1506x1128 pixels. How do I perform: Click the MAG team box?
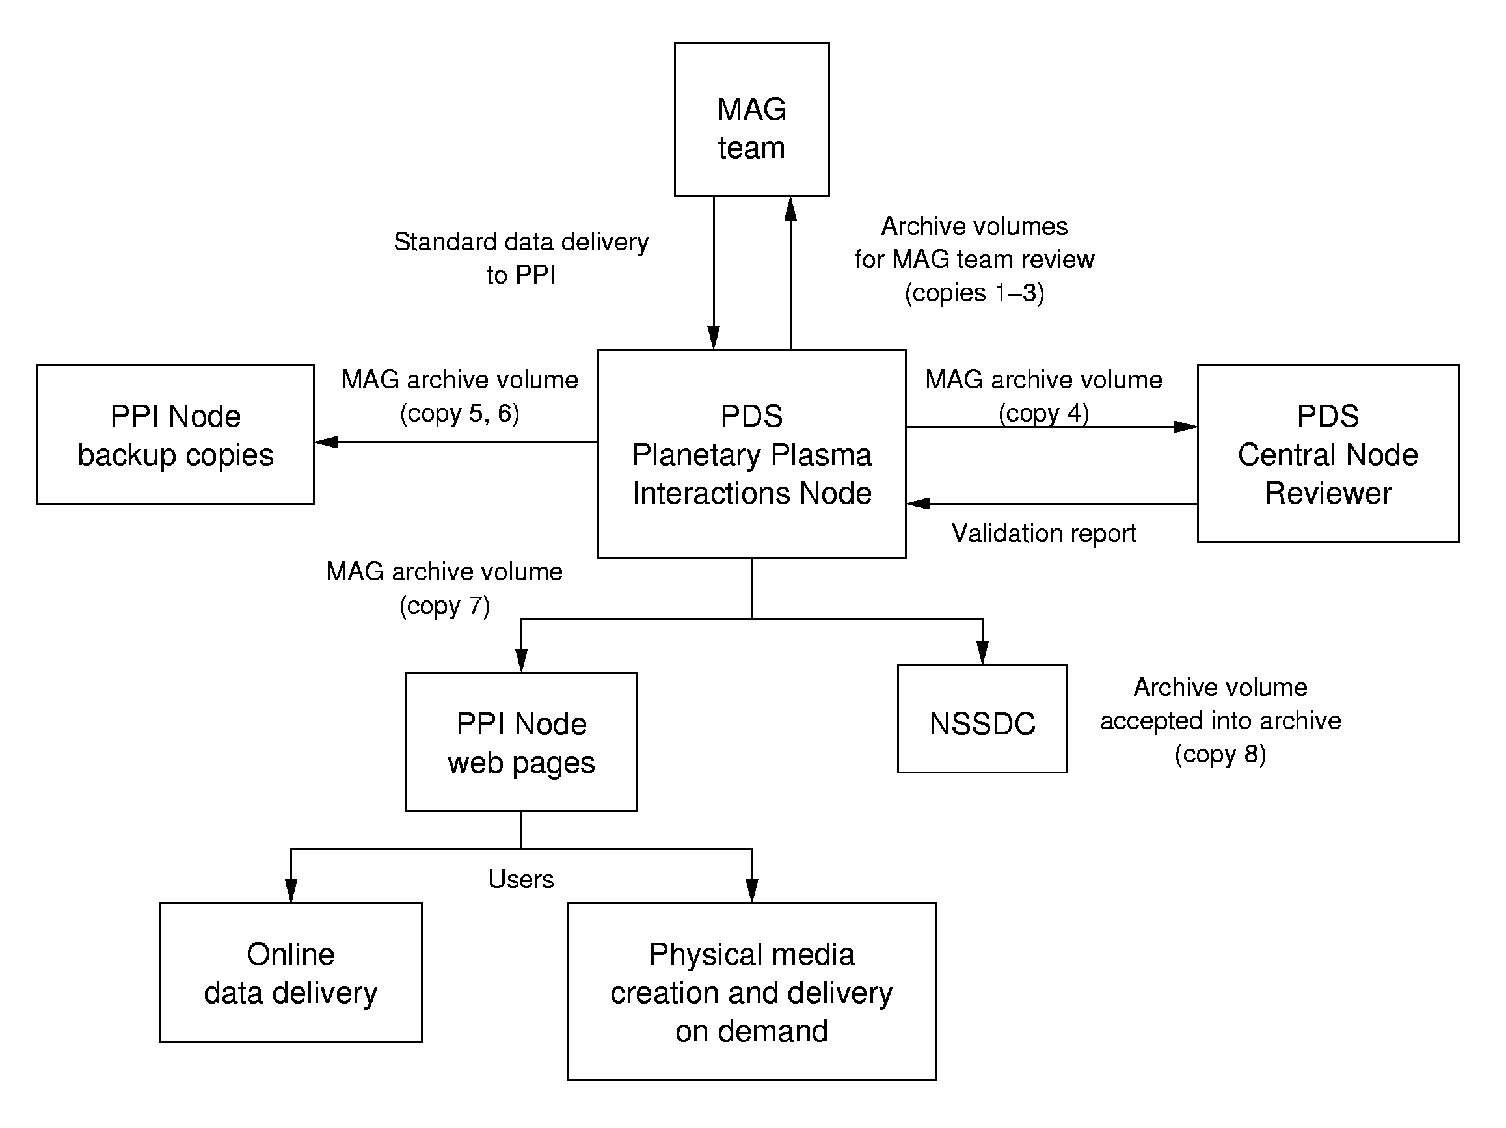click(x=751, y=120)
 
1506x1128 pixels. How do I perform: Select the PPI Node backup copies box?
click(x=176, y=435)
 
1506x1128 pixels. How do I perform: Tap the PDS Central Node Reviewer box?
click(x=1328, y=454)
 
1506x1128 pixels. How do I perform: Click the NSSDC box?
click(x=982, y=719)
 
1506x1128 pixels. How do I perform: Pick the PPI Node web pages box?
click(x=521, y=742)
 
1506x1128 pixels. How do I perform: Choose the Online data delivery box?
click(x=291, y=973)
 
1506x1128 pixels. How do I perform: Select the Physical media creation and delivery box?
click(x=751, y=992)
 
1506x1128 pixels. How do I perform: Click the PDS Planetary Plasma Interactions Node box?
click(x=751, y=454)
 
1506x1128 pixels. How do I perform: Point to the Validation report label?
click(x=1043, y=533)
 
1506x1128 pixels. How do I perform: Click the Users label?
click(x=521, y=880)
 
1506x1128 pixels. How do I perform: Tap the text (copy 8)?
click(x=1220, y=754)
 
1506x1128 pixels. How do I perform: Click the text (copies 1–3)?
click(x=975, y=293)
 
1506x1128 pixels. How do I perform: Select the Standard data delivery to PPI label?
click(x=521, y=259)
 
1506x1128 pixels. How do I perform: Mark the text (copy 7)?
click(x=444, y=606)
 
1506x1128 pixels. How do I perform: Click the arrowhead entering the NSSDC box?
click(x=982, y=653)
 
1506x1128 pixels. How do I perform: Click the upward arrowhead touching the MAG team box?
click(x=790, y=209)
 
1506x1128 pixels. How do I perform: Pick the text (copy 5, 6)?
click(x=459, y=414)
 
